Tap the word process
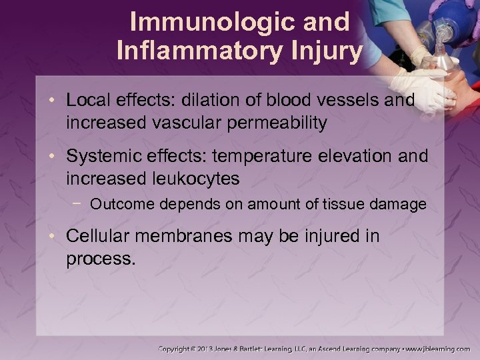pos(101,259)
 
